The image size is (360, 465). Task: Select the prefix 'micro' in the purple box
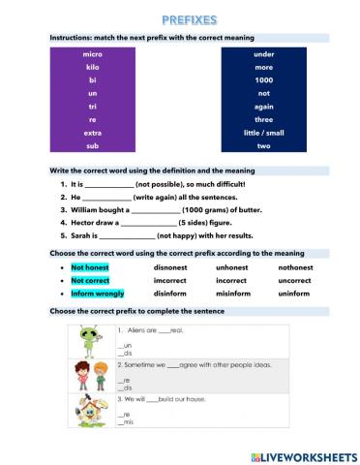pos(93,54)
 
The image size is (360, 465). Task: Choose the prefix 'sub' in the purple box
pos(93,145)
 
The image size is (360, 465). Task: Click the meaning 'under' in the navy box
pos(263,54)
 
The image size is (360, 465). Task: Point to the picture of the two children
pos(89,376)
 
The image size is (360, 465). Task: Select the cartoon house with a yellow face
pos(89,413)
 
